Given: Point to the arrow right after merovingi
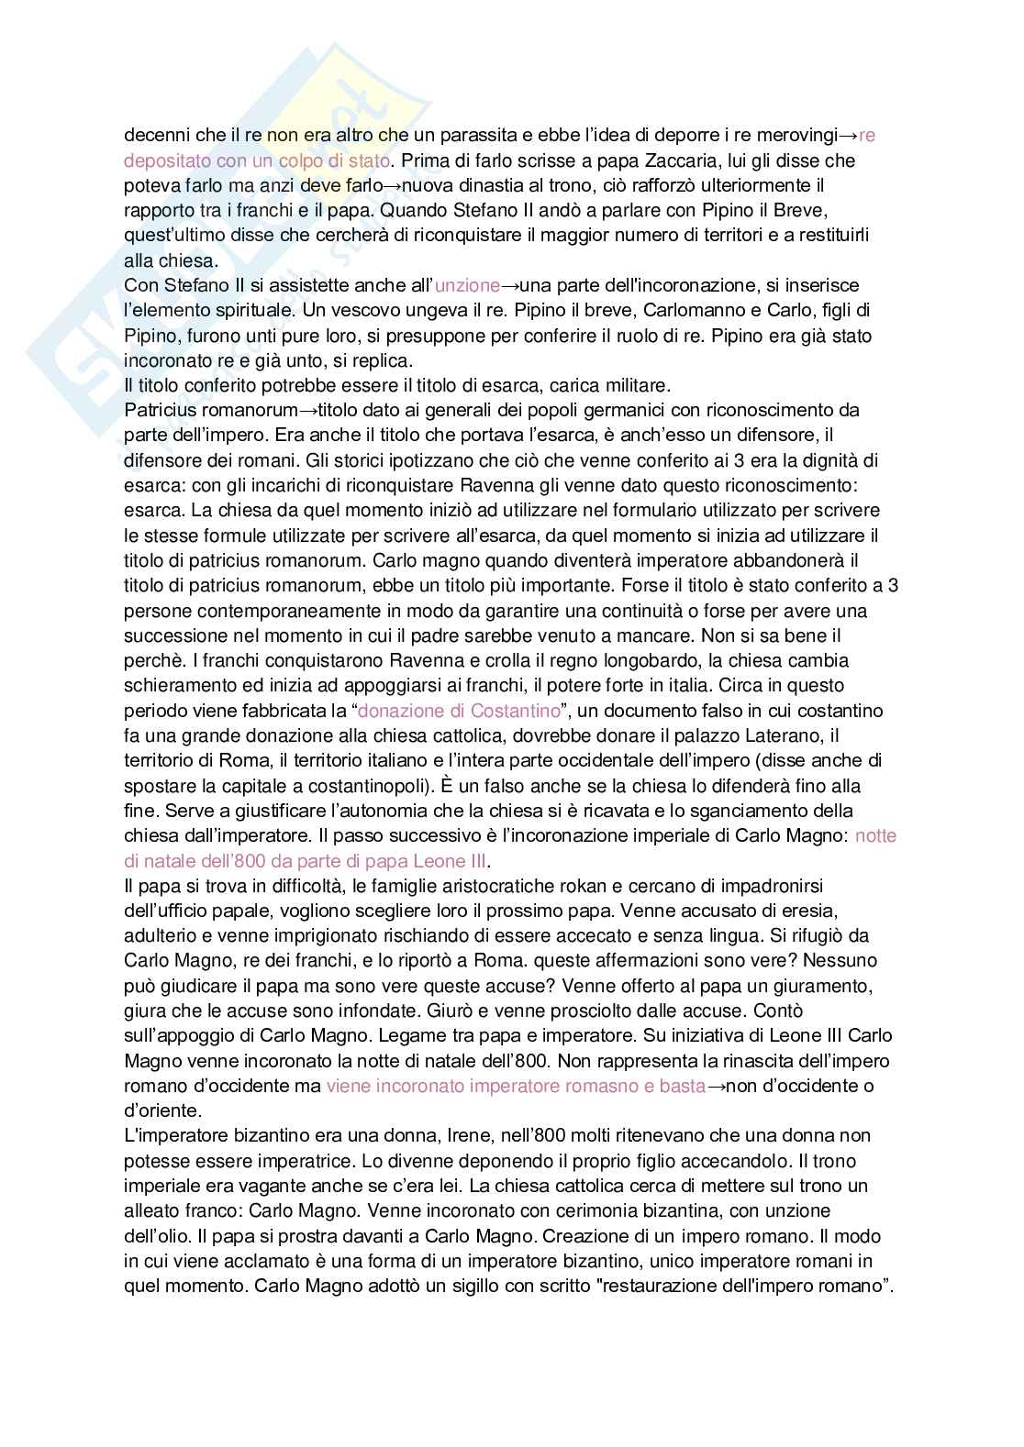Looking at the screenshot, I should coord(849,136).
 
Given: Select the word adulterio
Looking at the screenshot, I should coord(159,936).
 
